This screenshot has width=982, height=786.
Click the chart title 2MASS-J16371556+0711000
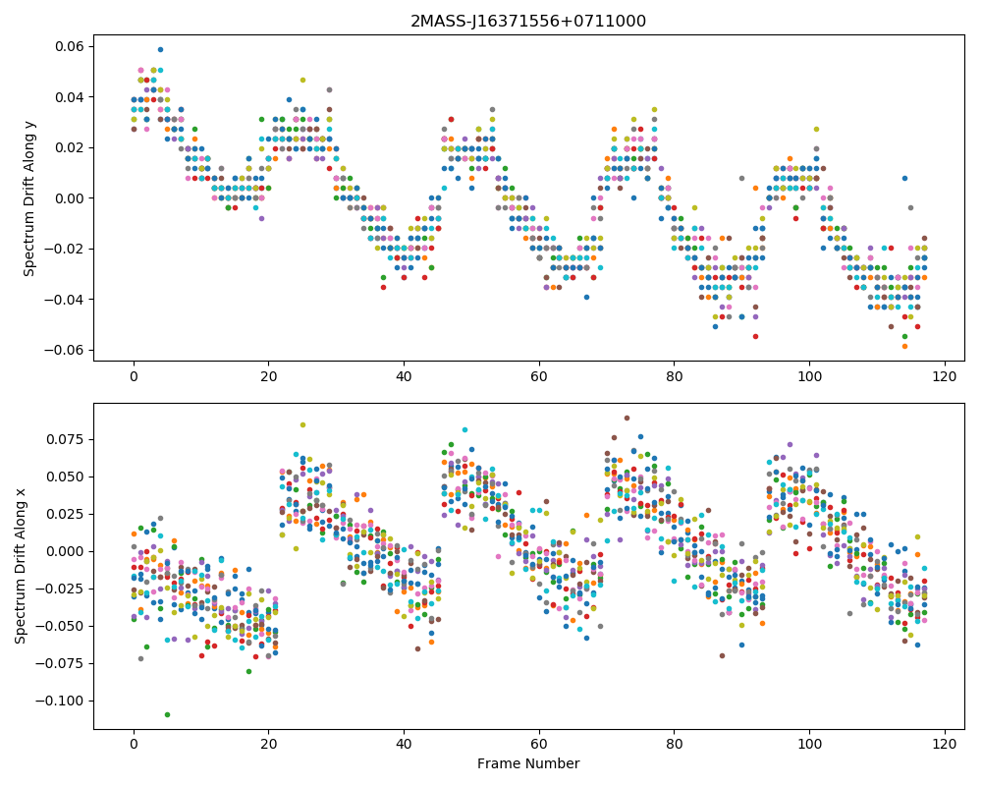tap(528, 22)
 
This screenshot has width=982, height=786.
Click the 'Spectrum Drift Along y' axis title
tap(28, 198)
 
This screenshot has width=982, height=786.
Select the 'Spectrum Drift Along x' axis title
tap(21, 566)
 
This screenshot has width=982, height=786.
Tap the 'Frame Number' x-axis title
tap(528, 763)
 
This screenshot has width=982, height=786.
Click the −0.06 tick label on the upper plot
tap(66, 350)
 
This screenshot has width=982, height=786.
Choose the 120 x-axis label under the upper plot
tap(945, 376)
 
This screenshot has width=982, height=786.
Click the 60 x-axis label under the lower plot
tap(538, 744)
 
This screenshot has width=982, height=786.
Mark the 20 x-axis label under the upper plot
tap(269, 376)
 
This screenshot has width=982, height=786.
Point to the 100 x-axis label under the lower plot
tap(809, 744)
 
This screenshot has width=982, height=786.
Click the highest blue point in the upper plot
tap(160, 49)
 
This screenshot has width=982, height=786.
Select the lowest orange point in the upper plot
tap(904, 346)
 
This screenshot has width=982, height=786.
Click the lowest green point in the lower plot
tap(167, 714)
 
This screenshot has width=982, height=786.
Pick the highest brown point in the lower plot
tap(627, 419)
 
